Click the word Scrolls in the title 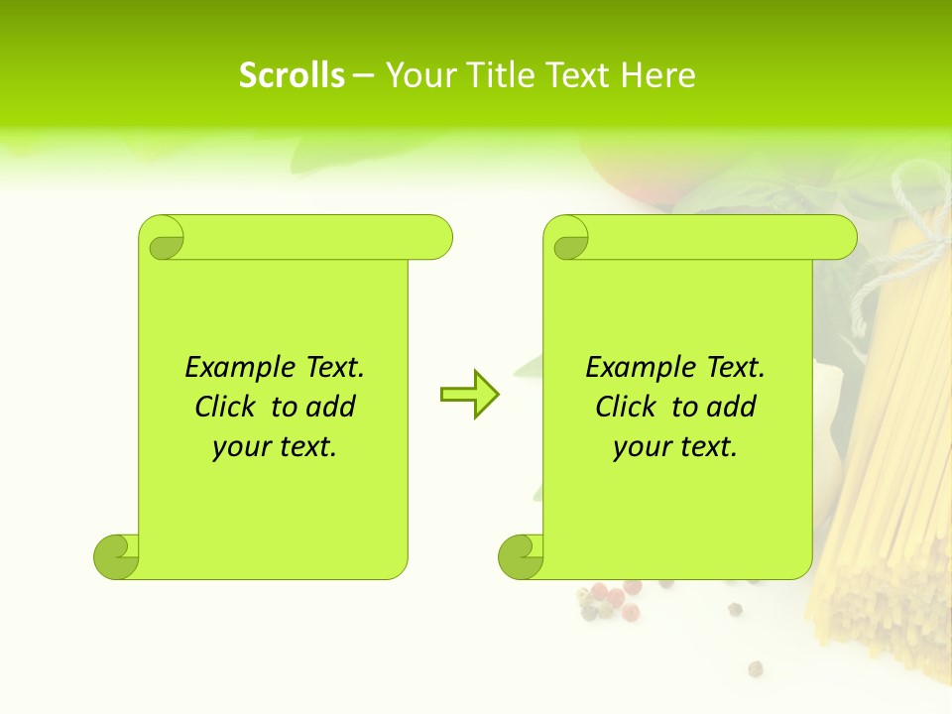point(292,75)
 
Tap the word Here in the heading point(657,75)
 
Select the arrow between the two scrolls point(469,395)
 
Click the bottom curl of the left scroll point(116,556)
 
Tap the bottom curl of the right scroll point(521,556)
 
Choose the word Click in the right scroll point(625,407)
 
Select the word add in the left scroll point(332,407)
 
